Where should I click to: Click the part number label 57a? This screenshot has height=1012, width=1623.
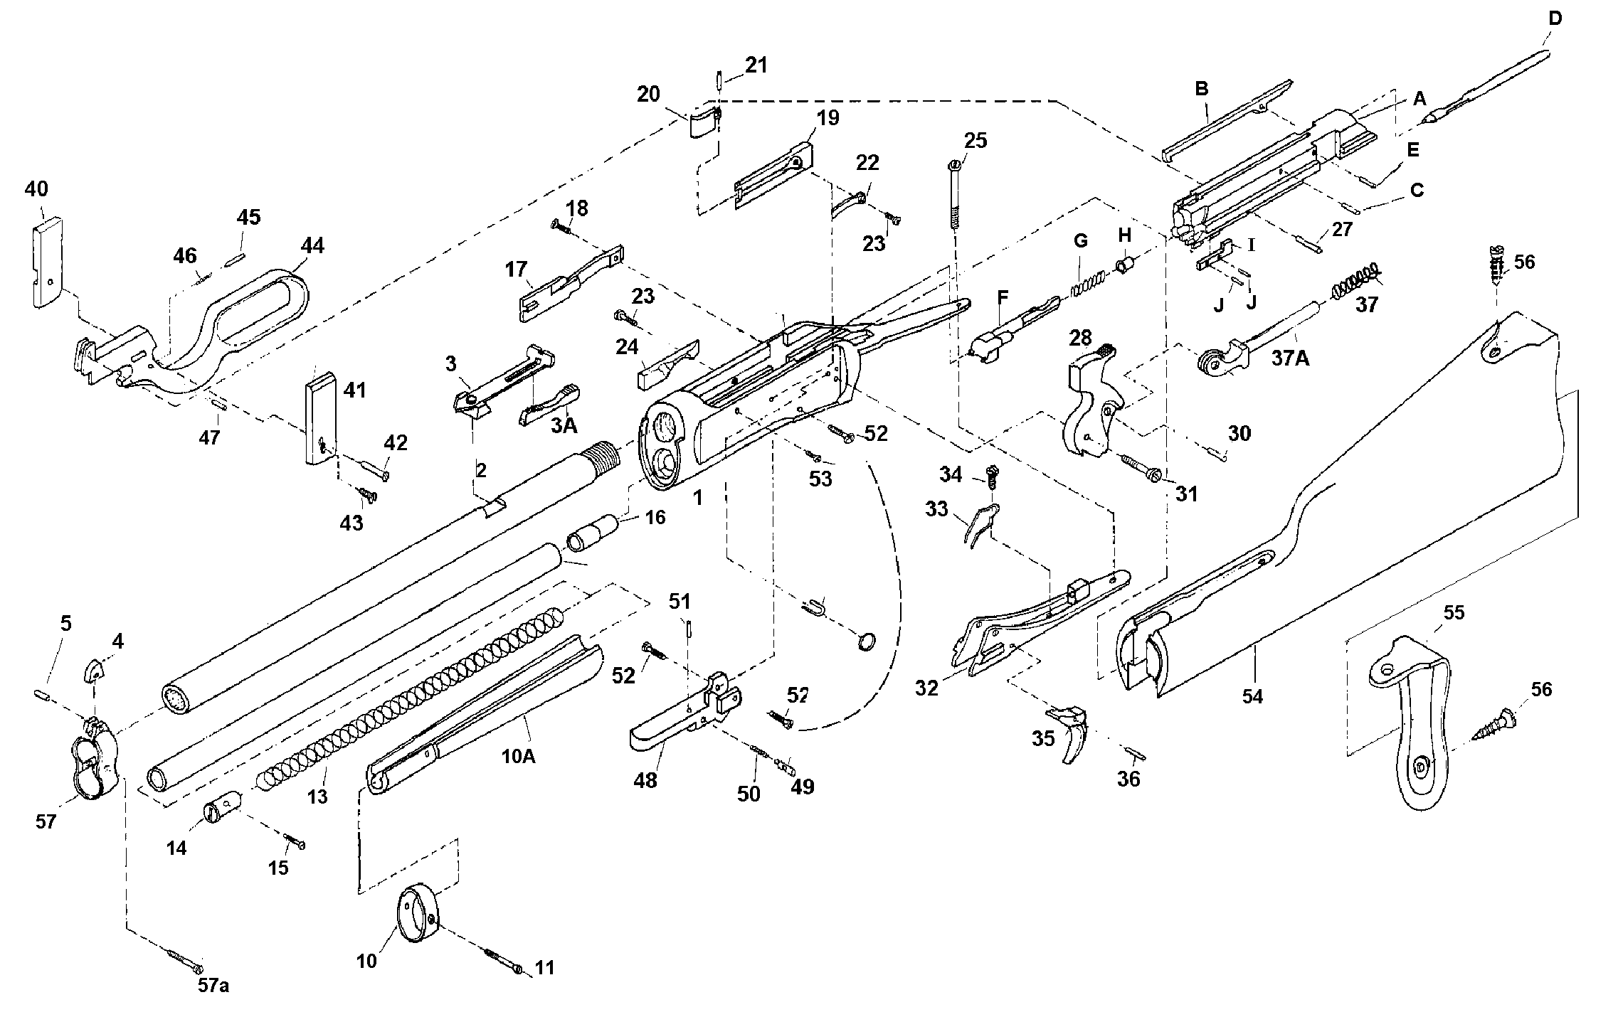pyautogui.click(x=213, y=985)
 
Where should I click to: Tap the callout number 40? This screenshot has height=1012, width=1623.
pyautogui.click(x=36, y=189)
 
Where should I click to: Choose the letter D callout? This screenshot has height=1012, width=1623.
pyautogui.click(x=1555, y=19)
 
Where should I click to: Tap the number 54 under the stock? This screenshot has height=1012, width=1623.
pyautogui.click(x=1252, y=696)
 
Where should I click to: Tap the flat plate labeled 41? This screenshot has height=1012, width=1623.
pyautogui.click(x=319, y=423)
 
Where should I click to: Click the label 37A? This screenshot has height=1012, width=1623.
pyautogui.click(x=1290, y=358)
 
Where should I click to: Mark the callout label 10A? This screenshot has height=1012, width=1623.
pyautogui.click(x=518, y=756)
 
